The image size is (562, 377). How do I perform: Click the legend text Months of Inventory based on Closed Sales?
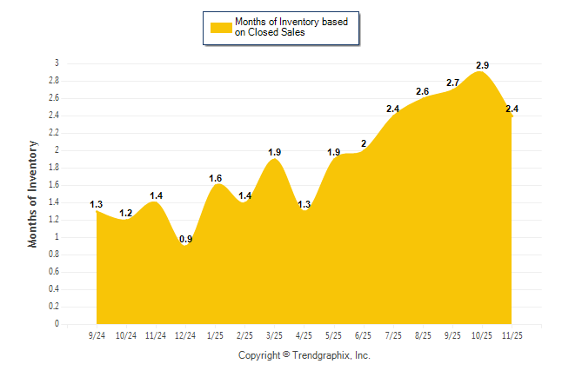point(284,28)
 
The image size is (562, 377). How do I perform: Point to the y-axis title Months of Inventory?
point(33,194)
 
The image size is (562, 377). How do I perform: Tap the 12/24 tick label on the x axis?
point(185,335)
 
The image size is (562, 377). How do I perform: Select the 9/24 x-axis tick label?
point(97,335)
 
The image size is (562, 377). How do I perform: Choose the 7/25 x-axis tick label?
point(393,335)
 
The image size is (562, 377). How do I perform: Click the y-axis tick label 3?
point(57,63)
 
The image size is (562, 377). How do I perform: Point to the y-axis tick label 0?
point(57,324)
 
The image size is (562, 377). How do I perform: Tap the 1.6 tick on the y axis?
point(54,185)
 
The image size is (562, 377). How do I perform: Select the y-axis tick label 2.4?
point(54,116)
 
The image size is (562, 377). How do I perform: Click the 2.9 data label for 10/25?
point(482,65)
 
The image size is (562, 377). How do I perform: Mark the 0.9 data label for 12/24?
point(185,239)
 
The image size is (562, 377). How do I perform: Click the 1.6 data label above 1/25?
point(216,178)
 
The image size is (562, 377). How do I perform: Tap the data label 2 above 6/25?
point(364,143)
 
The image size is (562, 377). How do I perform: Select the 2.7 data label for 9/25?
point(452,83)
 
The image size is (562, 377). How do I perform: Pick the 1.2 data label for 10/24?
point(126,213)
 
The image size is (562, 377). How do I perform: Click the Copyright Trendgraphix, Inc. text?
point(304,355)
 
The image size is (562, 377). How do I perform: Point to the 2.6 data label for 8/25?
point(423,91)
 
